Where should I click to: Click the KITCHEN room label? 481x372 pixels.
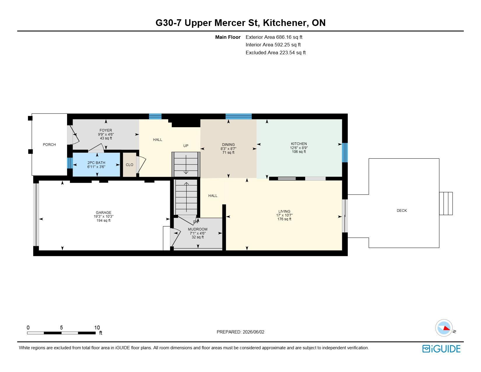point(299,144)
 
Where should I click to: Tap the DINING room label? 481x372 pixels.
point(228,144)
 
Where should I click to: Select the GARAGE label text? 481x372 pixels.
point(103,212)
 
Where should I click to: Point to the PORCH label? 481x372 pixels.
point(49,144)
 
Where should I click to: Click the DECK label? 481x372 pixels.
point(401,210)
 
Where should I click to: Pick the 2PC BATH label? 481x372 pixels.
point(96,163)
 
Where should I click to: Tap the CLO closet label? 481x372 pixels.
point(129,165)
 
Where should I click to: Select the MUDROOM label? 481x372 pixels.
point(198,229)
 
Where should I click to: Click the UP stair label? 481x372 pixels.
point(186,146)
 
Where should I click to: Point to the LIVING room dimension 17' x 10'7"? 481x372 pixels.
point(284,215)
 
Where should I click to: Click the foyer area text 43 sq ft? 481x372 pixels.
point(106,138)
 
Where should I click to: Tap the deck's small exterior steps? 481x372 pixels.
point(446,203)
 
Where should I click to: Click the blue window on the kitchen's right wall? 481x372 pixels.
point(345,152)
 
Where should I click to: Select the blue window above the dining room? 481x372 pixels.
point(238,116)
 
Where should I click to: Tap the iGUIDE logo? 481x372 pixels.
point(441,349)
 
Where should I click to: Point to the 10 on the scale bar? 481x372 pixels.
point(97,327)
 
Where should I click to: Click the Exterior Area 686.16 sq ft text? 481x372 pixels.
point(274,37)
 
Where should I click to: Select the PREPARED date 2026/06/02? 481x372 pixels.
point(253,332)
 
